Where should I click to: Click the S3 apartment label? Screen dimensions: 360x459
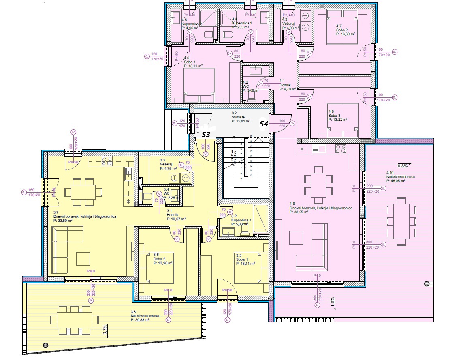205,134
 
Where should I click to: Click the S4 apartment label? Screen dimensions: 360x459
264,124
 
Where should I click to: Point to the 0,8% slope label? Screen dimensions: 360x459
402,166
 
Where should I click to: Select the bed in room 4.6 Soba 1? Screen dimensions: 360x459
199,86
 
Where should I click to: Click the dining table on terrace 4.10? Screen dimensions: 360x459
401,221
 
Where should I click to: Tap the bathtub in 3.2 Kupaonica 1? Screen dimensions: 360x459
260,219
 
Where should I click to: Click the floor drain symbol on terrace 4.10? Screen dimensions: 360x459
427,284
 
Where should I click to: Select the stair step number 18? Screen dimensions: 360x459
251,137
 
